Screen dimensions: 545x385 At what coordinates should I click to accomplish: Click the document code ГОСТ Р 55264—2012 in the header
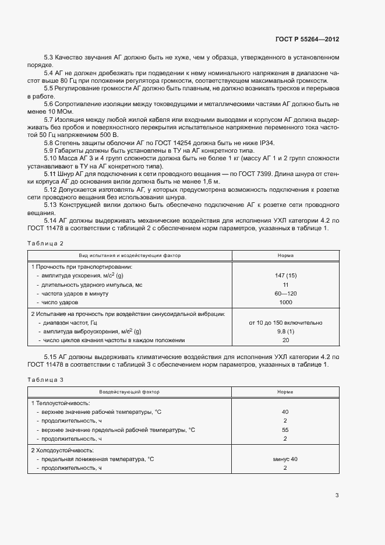point(307,40)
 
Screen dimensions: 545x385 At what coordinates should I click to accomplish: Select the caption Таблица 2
point(45,242)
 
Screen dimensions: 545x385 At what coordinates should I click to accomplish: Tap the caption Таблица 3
point(45,379)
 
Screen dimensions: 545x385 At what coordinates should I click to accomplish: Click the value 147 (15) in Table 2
point(285,275)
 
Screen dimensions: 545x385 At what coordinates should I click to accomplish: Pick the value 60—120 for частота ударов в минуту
point(285,293)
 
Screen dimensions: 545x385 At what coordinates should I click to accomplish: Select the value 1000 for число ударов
point(285,303)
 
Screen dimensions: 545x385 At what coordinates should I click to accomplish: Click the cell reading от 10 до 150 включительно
point(285,322)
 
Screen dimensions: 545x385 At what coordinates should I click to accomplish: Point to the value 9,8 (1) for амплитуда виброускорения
point(285,331)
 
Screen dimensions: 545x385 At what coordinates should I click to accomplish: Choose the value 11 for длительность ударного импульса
point(285,284)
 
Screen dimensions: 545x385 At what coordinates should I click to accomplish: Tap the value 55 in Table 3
point(285,430)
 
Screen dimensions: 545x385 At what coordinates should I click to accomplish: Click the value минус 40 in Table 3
point(285,459)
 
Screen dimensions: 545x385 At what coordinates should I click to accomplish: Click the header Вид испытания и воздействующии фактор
point(130,255)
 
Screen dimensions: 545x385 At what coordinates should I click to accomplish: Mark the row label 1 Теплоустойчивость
point(60,403)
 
